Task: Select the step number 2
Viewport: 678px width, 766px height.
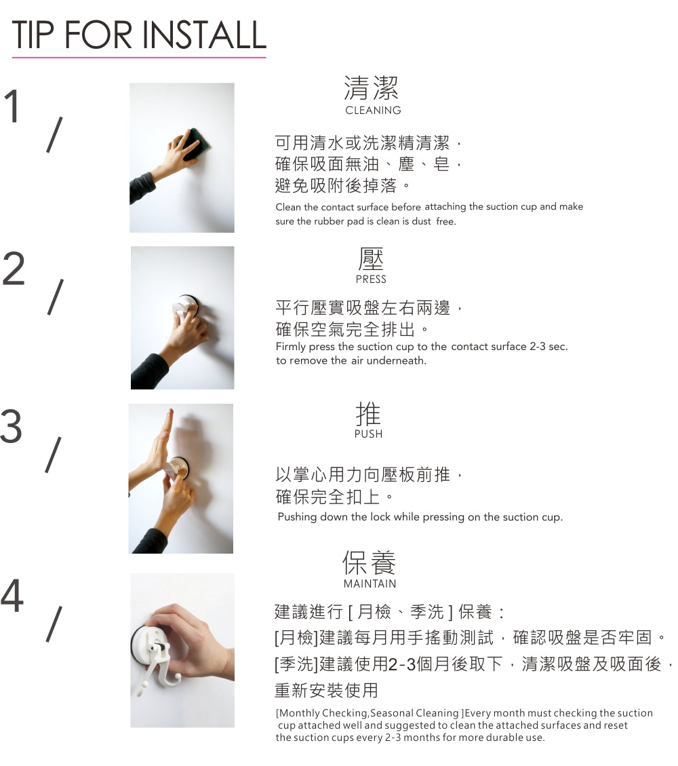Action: click(13, 268)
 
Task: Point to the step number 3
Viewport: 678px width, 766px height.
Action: click(12, 425)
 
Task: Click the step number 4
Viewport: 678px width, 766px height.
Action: click(12, 595)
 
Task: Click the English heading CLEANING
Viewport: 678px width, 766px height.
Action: click(373, 111)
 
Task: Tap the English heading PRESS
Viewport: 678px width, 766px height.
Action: click(371, 280)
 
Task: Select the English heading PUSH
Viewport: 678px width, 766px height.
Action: click(369, 434)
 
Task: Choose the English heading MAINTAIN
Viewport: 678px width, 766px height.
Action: click(370, 583)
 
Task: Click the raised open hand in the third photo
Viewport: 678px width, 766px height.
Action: click(159, 442)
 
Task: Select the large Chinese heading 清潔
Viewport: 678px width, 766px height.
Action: click(372, 88)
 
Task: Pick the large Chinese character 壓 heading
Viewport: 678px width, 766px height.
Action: click(371, 259)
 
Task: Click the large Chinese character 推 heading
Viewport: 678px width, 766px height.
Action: click(368, 414)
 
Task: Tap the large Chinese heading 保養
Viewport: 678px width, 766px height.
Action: click(369, 562)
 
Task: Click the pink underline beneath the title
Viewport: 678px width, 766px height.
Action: click(139, 58)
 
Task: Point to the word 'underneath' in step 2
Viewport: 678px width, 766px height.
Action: click(396, 361)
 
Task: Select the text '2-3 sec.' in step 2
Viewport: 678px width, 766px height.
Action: click(548, 347)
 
